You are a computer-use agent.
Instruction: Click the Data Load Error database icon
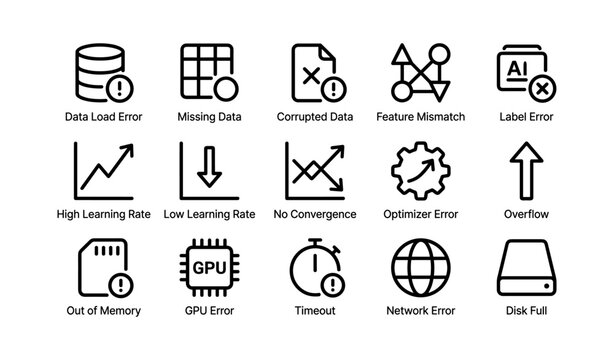[x=102, y=73]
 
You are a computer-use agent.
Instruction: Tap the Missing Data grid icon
[x=208, y=73]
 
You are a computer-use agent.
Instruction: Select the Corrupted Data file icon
[x=313, y=73]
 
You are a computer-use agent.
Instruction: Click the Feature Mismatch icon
[x=419, y=73]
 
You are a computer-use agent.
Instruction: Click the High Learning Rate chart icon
[x=102, y=170]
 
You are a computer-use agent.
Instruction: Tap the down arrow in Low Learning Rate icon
[x=209, y=166]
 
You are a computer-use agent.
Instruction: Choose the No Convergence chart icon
[x=313, y=170]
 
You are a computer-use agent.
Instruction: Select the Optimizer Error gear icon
[x=419, y=170]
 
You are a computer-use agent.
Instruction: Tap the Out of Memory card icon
[x=102, y=267]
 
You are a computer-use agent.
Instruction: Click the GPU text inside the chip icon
[x=208, y=268]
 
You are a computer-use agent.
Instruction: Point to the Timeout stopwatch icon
[x=314, y=267]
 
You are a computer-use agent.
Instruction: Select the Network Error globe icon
[x=419, y=267]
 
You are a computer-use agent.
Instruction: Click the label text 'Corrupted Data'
[x=314, y=117]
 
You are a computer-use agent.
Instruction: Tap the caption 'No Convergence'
[x=314, y=214]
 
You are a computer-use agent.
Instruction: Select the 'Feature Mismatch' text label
[x=420, y=117]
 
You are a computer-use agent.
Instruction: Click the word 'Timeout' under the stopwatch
[x=314, y=311]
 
